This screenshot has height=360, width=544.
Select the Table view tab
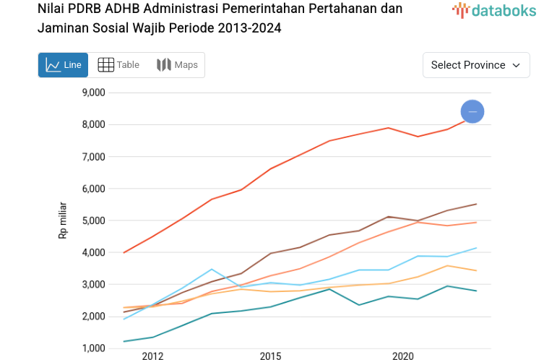click(x=118, y=65)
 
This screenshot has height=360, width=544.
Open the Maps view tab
click(x=177, y=65)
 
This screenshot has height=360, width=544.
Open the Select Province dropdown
click(x=476, y=65)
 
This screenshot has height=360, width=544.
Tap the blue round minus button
click(x=472, y=111)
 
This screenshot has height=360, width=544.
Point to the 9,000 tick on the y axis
click(x=92, y=93)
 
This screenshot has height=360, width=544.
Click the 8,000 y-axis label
click(x=92, y=124)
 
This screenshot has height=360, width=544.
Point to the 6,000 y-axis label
click(x=92, y=189)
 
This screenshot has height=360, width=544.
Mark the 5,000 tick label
click(x=92, y=220)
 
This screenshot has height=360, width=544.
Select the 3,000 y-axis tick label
click(x=92, y=284)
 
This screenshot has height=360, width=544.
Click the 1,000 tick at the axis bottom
click(x=92, y=348)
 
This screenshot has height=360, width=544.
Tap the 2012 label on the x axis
click(x=152, y=356)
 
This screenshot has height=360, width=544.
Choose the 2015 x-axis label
click(x=271, y=356)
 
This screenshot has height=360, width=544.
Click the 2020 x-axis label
click(x=402, y=356)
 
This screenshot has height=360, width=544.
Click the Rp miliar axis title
click(x=63, y=220)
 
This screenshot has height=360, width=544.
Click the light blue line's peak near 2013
click(x=211, y=269)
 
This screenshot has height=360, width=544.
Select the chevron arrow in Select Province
click(x=516, y=65)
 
